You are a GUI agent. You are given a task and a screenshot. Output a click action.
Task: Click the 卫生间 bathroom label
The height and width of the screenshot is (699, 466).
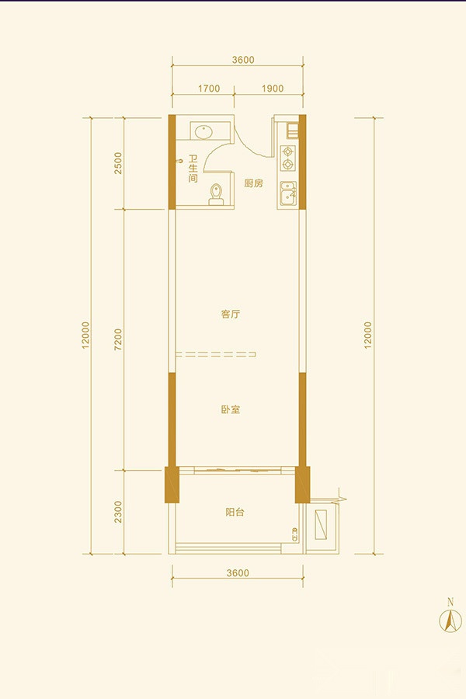click(x=193, y=169)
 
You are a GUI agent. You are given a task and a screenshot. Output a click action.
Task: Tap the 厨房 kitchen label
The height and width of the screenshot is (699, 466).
click(x=254, y=183)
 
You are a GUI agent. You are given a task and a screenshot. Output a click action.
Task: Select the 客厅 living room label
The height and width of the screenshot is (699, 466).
click(x=231, y=315)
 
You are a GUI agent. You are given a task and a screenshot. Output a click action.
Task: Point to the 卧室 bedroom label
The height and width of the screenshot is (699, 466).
click(x=231, y=409)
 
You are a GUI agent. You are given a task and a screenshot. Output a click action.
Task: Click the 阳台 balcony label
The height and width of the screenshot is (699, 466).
click(x=235, y=513)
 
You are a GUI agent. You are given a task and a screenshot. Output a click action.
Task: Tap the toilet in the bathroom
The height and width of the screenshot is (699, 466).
click(x=216, y=195)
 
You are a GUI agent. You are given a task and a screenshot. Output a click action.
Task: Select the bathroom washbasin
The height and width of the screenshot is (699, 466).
click(x=203, y=131)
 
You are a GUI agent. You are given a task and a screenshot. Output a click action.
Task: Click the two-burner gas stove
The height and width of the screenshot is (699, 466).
click(x=288, y=158)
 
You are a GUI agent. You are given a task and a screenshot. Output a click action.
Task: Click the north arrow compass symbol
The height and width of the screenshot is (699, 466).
click(x=450, y=620)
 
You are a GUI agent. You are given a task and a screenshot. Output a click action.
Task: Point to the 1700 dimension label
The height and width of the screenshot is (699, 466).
click(x=209, y=89)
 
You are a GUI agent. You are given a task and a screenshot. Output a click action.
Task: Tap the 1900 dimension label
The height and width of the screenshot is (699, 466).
click(x=273, y=89)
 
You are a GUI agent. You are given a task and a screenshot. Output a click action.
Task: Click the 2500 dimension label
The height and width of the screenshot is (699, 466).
click(x=118, y=163)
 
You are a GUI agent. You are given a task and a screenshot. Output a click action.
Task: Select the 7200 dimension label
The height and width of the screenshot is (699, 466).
click(x=118, y=339)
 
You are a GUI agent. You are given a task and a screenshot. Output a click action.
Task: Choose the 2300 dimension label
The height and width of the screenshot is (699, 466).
click(x=118, y=512)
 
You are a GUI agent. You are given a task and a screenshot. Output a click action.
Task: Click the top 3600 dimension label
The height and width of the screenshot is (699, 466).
click(x=243, y=60)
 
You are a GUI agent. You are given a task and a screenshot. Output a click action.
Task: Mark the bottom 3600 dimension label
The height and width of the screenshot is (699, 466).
click(x=238, y=573)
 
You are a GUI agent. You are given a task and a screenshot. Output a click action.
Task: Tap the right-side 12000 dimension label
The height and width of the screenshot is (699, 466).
click(x=367, y=336)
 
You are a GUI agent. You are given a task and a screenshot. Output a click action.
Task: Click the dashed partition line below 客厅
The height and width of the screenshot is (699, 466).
click(x=216, y=355)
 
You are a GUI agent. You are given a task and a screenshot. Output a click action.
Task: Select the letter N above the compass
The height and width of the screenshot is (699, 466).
click(x=450, y=602)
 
